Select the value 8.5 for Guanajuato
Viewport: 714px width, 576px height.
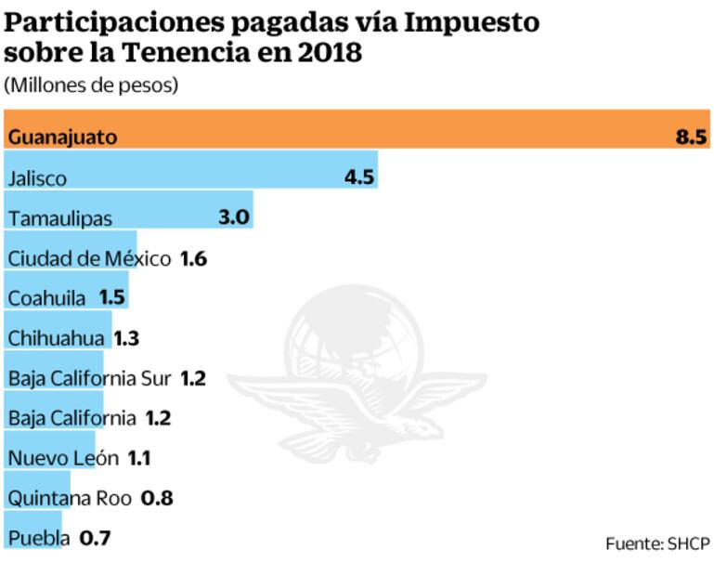point(692,137)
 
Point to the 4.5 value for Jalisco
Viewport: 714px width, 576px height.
point(359,177)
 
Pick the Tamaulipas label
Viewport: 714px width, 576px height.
point(59,218)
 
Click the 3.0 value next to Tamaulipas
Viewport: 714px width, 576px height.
point(233,217)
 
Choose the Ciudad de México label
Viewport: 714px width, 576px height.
point(88,258)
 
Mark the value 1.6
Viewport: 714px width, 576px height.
point(193,258)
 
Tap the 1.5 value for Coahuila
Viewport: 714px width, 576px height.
point(111,298)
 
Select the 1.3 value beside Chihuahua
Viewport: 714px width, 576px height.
point(125,338)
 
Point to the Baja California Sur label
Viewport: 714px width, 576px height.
point(89,378)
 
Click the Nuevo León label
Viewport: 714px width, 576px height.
point(62,457)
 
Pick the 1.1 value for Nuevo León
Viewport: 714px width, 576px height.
point(139,457)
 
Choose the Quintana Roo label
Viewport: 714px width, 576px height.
point(70,497)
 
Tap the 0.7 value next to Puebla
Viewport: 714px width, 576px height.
point(96,537)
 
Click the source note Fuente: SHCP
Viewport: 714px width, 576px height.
point(657,543)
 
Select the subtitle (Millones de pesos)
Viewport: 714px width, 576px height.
point(91,85)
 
